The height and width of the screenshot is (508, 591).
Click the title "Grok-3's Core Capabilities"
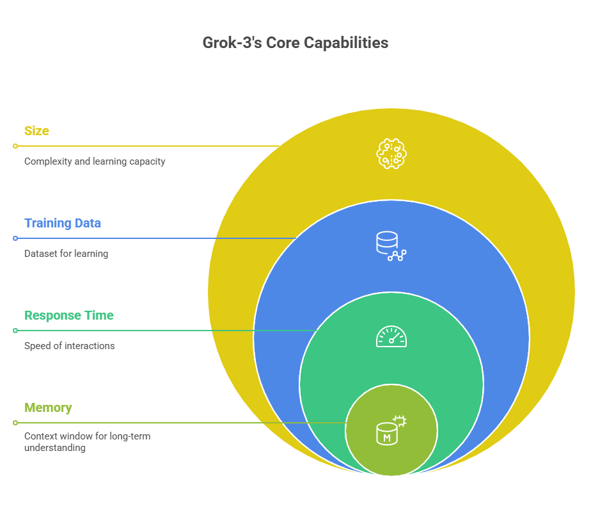(295, 43)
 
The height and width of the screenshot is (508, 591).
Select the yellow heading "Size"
(36, 131)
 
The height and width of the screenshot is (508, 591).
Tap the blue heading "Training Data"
(63, 223)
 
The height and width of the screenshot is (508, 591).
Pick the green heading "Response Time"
(69, 315)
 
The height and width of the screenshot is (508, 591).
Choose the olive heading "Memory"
(48, 407)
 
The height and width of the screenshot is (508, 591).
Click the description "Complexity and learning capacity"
(95, 161)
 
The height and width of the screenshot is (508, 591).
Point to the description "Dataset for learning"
(66, 254)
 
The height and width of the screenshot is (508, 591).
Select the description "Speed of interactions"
(70, 346)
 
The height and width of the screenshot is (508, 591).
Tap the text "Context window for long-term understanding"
(96, 442)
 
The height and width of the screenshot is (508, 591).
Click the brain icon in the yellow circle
(391, 154)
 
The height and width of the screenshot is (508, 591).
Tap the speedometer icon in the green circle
(391, 337)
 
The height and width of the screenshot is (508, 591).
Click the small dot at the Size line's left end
(15, 146)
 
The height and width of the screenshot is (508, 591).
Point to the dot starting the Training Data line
(15, 238)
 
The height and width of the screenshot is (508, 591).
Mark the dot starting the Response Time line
(15, 331)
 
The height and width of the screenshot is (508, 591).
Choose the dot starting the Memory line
(15, 423)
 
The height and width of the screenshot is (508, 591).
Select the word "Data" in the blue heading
(88, 223)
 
